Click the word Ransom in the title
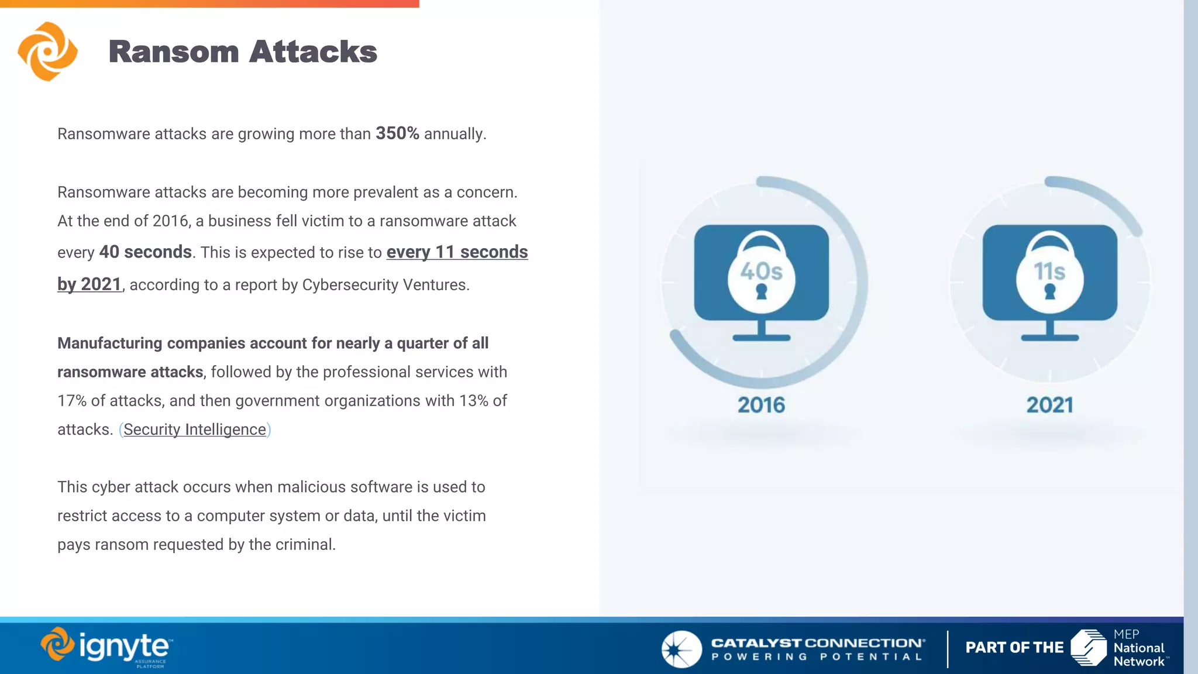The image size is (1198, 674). pyautogui.click(x=174, y=51)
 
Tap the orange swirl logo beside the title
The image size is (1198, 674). pyautogui.click(x=47, y=51)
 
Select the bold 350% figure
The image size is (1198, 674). pyautogui.click(x=397, y=133)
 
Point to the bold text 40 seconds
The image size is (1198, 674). pyautogui.click(x=146, y=252)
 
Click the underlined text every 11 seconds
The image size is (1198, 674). pyautogui.click(x=457, y=252)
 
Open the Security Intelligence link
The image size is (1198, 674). pyautogui.click(x=195, y=429)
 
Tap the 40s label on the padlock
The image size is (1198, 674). pyautogui.click(x=761, y=271)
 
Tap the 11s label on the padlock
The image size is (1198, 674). pyautogui.click(x=1049, y=271)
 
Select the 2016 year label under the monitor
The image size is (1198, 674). pyautogui.click(x=761, y=405)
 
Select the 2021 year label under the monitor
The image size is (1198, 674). pyautogui.click(x=1049, y=405)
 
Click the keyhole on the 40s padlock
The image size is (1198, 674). pyautogui.click(x=761, y=291)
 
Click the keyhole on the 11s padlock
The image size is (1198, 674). pyautogui.click(x=1049, y=291)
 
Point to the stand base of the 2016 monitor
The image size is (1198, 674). pyautogui.click(x=761, y=338)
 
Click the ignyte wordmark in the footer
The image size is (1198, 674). pyautogui.click(x=124, y=647)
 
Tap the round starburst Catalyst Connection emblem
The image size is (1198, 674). pyautogui.click(x=681, y=649)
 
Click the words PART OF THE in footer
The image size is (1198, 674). pyautogui.click(x=1014, y=648)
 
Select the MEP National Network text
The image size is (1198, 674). pyautogui.click(x=1138, y=648)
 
